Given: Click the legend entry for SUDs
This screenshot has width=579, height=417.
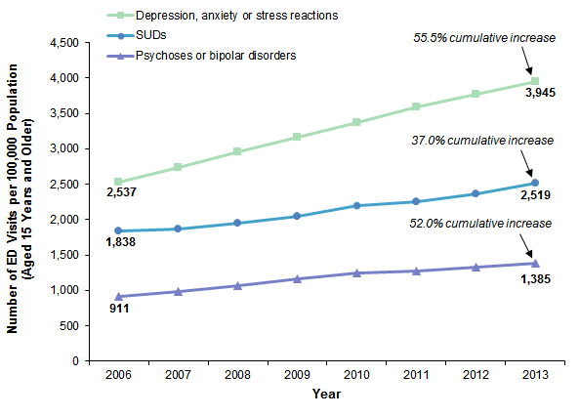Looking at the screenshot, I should click(157, 36).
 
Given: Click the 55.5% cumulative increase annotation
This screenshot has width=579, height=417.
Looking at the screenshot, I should click(485, 38).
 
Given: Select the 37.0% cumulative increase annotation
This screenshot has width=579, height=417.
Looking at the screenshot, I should click(485, 141).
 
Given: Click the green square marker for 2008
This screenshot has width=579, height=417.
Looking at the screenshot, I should click(237, 151).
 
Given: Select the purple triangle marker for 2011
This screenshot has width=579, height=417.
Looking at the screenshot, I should click(416, 271).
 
